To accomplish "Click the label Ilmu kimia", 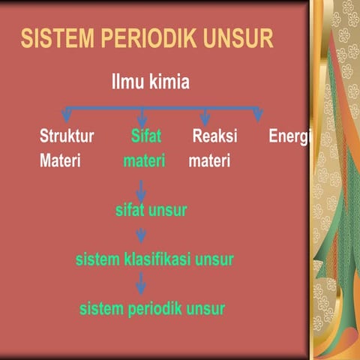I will pyautogui.click(x=150, y=82).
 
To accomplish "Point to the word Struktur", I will pyautogui.click(x=67, y=137).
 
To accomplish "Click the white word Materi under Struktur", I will pyautogui.click(x=60, y=160).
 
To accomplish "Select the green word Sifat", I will pyautogui.click(x=145, y=137).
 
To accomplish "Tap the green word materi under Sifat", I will pyautogui.click(x=144, y=160).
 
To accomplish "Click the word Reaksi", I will pyautogui.click(x=214, y=137).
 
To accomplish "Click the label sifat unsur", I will pyautogui.click(x=151, y=211).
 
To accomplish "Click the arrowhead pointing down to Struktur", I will pyautogui.click(x=67, y=115).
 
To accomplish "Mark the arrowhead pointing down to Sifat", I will pyautogui.click(x=142, y=118).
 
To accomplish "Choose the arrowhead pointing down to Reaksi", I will pyautogui.click(x=205, y=117).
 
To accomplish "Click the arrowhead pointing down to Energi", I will pyautogui.click(x=258, y=115).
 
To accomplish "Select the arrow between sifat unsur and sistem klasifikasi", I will pyautogui.click(x=141, y=236).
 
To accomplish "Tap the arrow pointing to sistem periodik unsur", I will pyautogui.click(x=141, y=285).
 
